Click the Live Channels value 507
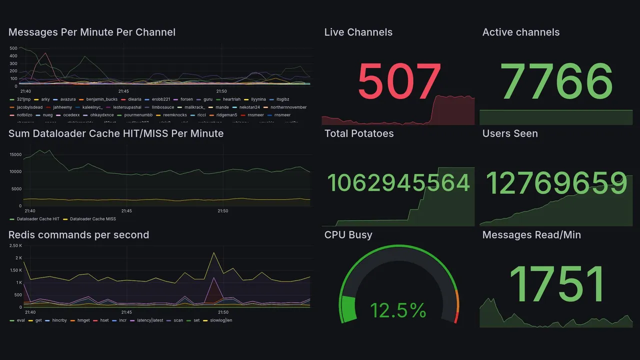click(399, 81)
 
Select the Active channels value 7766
click(556, 81)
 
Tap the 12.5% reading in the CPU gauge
click(398, 310)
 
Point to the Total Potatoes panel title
click(359, 133)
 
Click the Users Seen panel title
click(510, 133)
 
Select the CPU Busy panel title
click(348, 235)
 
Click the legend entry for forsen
click(186, 99)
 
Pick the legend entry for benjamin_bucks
click(101, 99)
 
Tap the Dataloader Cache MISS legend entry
click(92, 219)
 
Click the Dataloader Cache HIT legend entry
click(38, 219)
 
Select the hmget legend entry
click(83, 320)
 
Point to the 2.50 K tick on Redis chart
click(15, 245)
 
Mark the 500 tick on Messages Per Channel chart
click(13, 48)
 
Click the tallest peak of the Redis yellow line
click(214, 253)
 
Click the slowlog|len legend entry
click(220, 320)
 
